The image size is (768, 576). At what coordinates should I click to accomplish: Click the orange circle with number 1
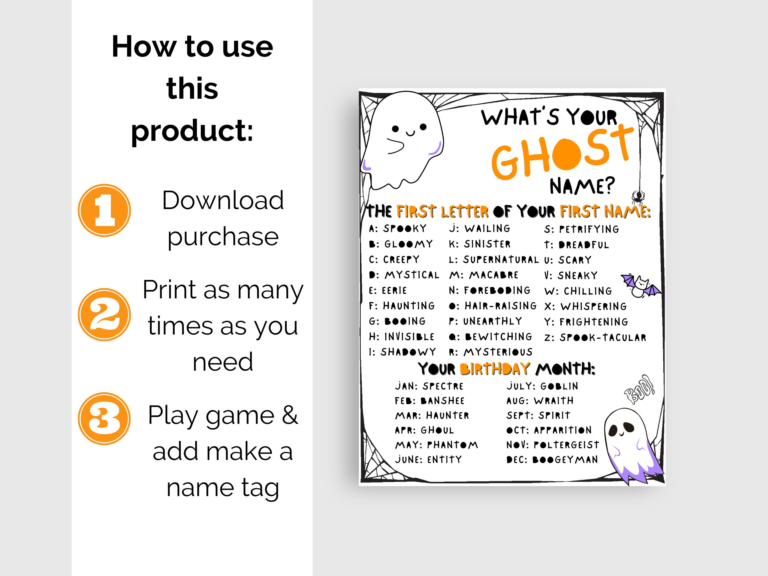tap(104, 210)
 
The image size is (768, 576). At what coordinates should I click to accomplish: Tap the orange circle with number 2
tap(104, 315)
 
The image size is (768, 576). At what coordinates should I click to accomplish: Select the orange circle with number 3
tap(104, 419)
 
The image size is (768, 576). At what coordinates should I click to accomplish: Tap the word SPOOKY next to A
tap(405, 228)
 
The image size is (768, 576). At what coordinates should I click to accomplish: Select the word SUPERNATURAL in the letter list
tap(501, 260)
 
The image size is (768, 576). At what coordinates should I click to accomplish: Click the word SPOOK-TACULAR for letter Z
tap(603, 337)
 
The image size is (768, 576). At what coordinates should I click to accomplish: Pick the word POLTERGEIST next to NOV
tap(566, 445)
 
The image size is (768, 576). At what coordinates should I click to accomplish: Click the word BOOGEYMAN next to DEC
tap(565, 460)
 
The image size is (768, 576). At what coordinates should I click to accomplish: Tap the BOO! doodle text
tap(639, 390)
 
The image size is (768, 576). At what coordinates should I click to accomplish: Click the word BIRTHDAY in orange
tap(495, 369)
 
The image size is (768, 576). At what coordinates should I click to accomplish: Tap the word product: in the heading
tap(192, 131)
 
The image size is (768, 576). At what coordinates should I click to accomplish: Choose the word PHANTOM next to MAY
tap(452, 445)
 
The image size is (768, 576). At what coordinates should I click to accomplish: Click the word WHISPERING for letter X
tap(593, 307)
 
